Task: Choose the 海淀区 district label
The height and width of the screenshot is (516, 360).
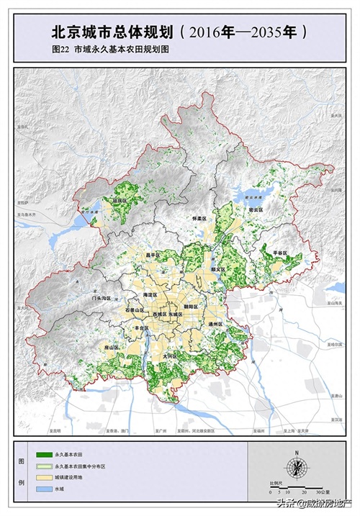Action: (x=150, y=295)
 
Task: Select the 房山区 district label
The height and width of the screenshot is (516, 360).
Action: (x=111, y=347)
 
